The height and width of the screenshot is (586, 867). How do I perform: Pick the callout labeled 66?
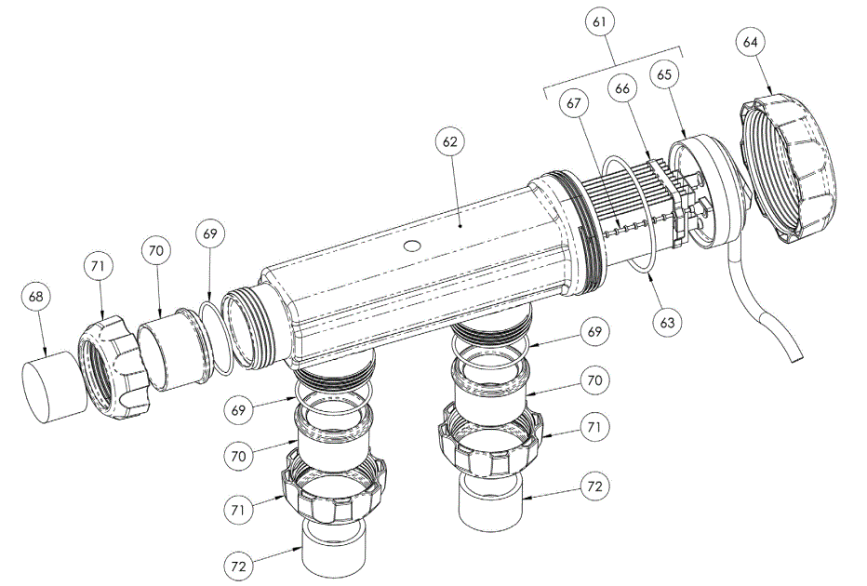623,87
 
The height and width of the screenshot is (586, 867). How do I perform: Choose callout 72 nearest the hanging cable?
596,486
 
